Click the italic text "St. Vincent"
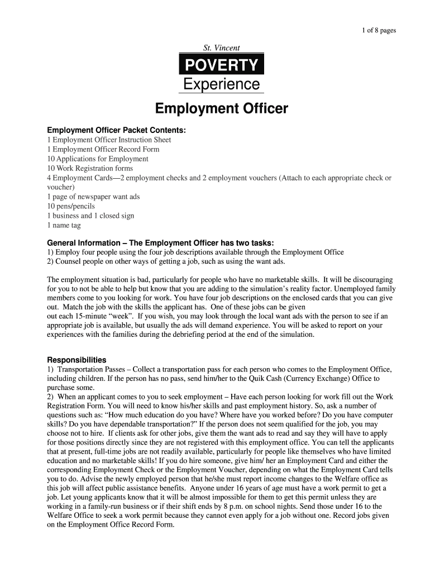click(221, 49)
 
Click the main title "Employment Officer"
click(221, 108)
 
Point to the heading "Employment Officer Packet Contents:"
click(116, 130)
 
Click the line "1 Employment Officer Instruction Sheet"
click(109, 140)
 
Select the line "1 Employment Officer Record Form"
click(103, 150)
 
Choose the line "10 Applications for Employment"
click(98, 159)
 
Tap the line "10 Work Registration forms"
click(90, 169)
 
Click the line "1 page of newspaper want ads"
click(93, 197)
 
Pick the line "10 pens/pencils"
click(71, 206)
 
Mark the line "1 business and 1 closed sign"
click(90, 216)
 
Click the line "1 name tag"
click(64, 225)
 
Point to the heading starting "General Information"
click(160, 243)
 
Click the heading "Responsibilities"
click(77, 360)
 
